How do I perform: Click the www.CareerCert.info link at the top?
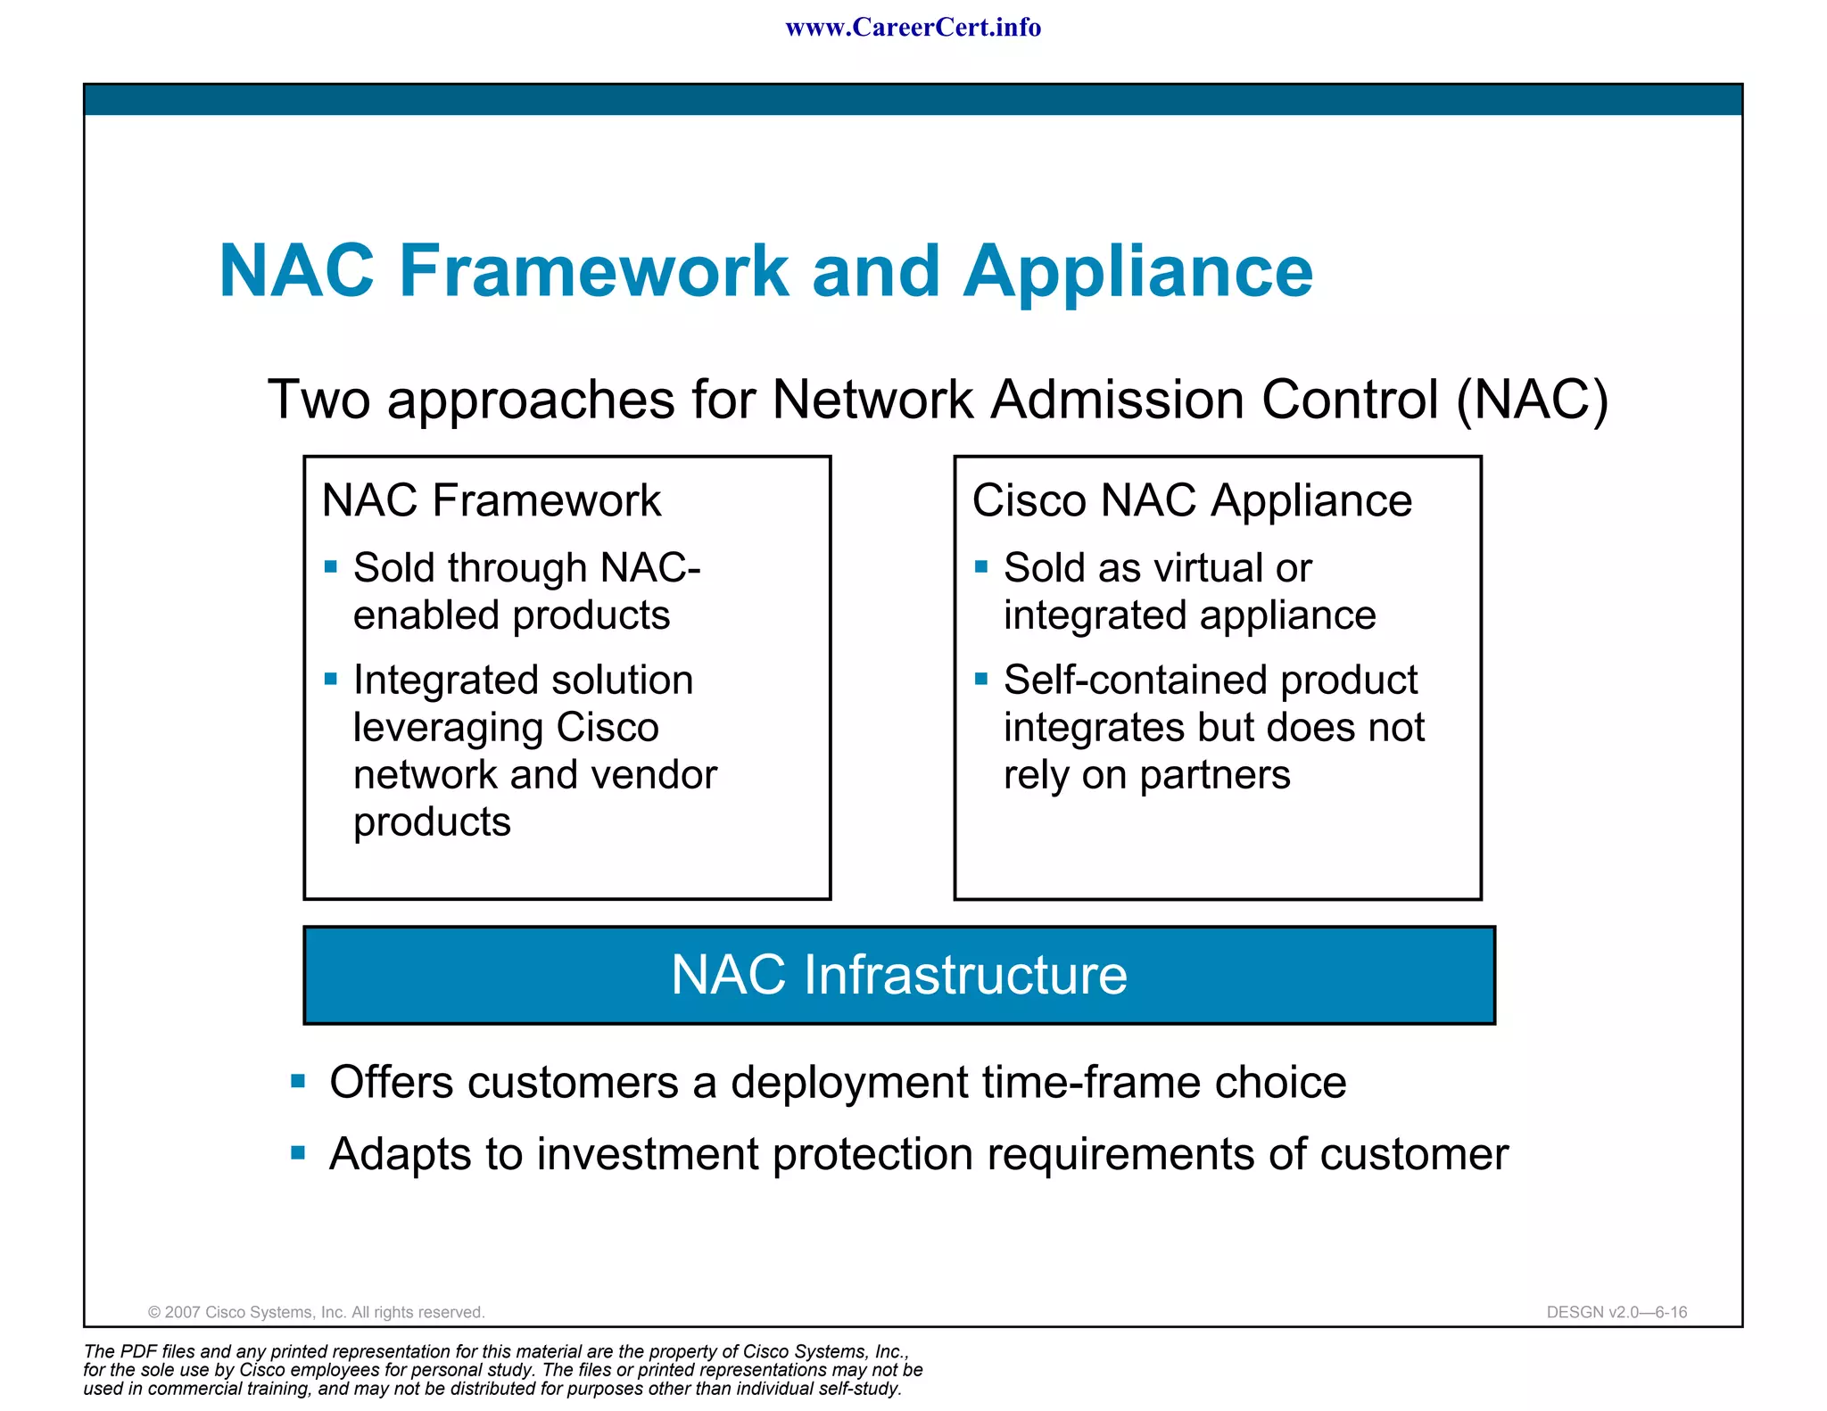[913, 28]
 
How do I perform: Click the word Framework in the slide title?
[593, 271]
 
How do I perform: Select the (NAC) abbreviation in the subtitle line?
[1533, 399]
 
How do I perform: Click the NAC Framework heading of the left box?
[491, 500]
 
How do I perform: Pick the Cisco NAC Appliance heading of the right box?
[1192, 500]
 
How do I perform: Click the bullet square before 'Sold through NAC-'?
[331, 566]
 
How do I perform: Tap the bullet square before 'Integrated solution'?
[331, 679]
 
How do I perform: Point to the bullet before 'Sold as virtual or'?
[981, 566]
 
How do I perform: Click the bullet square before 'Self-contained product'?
[981, 679]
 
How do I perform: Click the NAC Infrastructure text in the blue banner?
[898, 974]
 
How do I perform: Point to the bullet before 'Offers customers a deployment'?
[298, 1082]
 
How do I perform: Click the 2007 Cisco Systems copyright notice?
[316, 1312]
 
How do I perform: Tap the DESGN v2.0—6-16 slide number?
[1616, 1312]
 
